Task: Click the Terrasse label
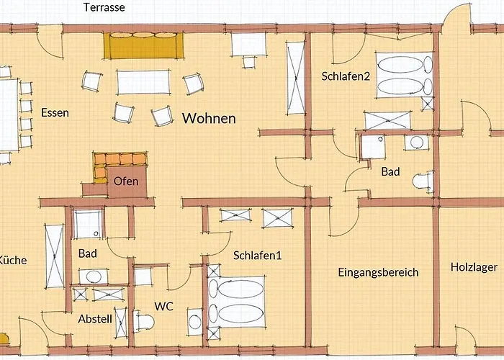tap(104, 8)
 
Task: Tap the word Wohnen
tap(209, 118)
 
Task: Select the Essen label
tap(55, 112)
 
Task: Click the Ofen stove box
tap(127, 181)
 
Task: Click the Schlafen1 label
tap(256, 255)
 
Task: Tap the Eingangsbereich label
tap(378, 272)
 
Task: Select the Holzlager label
tap(474, 267)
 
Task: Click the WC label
tap(163, 306)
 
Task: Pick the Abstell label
tap(94, 318)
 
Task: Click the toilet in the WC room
tap(193, 320)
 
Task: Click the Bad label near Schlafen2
tap(390, 172)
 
